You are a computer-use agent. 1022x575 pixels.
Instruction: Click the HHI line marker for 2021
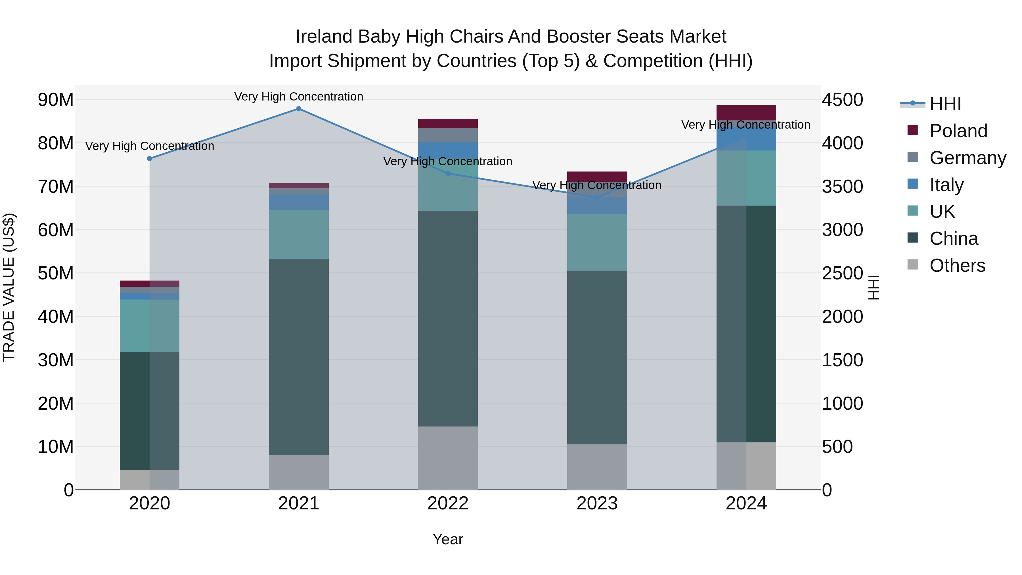pyautogui.click(x=299, y=109)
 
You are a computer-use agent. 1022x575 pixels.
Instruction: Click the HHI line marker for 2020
pyautogui.click(x=150, y=159)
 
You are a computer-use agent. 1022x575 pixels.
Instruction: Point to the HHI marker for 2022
pyautogui.click(x=448, y=173)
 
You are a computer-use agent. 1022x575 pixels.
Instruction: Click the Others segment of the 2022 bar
pyautogui.click(x=448, y=458)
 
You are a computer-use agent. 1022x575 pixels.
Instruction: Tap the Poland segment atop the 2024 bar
pyautogui.click(x=746, y=113)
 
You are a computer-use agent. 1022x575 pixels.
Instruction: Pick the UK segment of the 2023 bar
pyautogui.click(x=597, y=242)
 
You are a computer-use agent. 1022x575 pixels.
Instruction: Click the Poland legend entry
pyautogui.click(x=958, y=131)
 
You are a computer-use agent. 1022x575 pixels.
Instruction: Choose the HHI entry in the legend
pyautogui.click(x=945, y=104)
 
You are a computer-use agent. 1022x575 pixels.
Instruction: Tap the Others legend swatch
pyautogui.click(x=912, y=265)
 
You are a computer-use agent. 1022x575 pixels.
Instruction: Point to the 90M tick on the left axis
pyautogui.click(x=56, y=100)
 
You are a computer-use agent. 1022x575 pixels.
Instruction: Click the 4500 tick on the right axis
pyautogui.click(x=842, y=100)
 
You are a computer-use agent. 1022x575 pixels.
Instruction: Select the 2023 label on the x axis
pyautogui.click(x=597, y=503)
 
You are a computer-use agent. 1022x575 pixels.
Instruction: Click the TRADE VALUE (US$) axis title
pyautogui.click(x=9, y=287)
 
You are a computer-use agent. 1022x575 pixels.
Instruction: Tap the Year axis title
pyautogui.click(x=448, y=539)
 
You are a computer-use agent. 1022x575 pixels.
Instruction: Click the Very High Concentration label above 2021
pyautogui.click(x=299, y=97)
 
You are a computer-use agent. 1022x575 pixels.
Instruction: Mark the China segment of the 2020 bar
pyautogui.click(x=150, y=411)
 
